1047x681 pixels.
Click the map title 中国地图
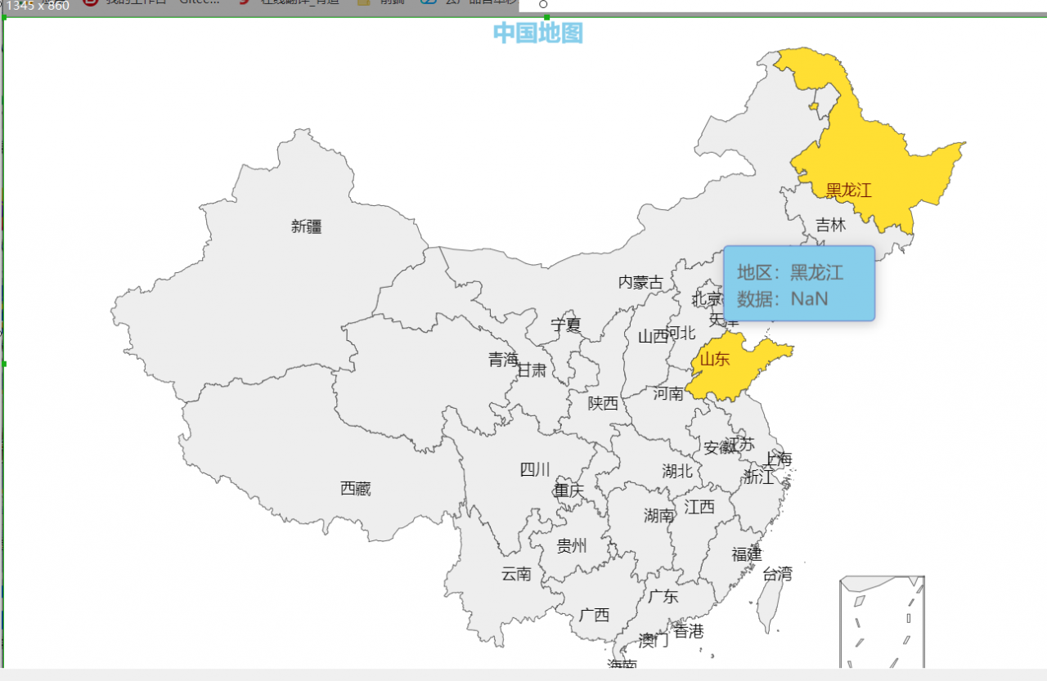pyautogui.click(x=537, y=34)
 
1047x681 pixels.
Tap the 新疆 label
pyautogui.click(x=307, y=226)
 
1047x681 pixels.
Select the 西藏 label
pyautogui.click(x=356, y=489)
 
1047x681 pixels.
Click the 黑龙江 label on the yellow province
pyautogui.click(x=848, y=191)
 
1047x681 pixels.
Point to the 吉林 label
pyautogui.click(x=830, y=225)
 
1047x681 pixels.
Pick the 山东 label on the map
pyautogui.click(x=714, y=359)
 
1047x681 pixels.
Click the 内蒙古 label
pyautogui.click(x=640, y=282)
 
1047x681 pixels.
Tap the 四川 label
pyautogui.click(x=535, y=470)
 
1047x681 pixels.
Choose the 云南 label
pyautogui.click(x=516, y=574)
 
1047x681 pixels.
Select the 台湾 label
pyautogui.click(x=777, y=574)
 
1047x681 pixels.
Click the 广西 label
pyautogui.click(x=594, y=615)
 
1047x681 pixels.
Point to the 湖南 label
pyautogui.click(x=659, y=515)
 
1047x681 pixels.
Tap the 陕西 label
pyautogui.click(x=603, y=403)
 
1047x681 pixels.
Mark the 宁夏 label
pyautogui.click(x=565, y=325)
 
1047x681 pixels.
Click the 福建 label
pyautogui.click(x=746, y=554)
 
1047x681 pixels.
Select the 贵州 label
pyautogui.click(x=572, y=546)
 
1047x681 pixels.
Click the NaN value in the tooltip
pyautogui.click(x=809, y=299)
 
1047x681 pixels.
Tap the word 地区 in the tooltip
pyautogui.click(x=753, y=272)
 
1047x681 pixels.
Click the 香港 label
pyautogui.click(x=689, y=631)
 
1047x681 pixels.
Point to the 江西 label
pyautogui.click(x=699, y=507)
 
